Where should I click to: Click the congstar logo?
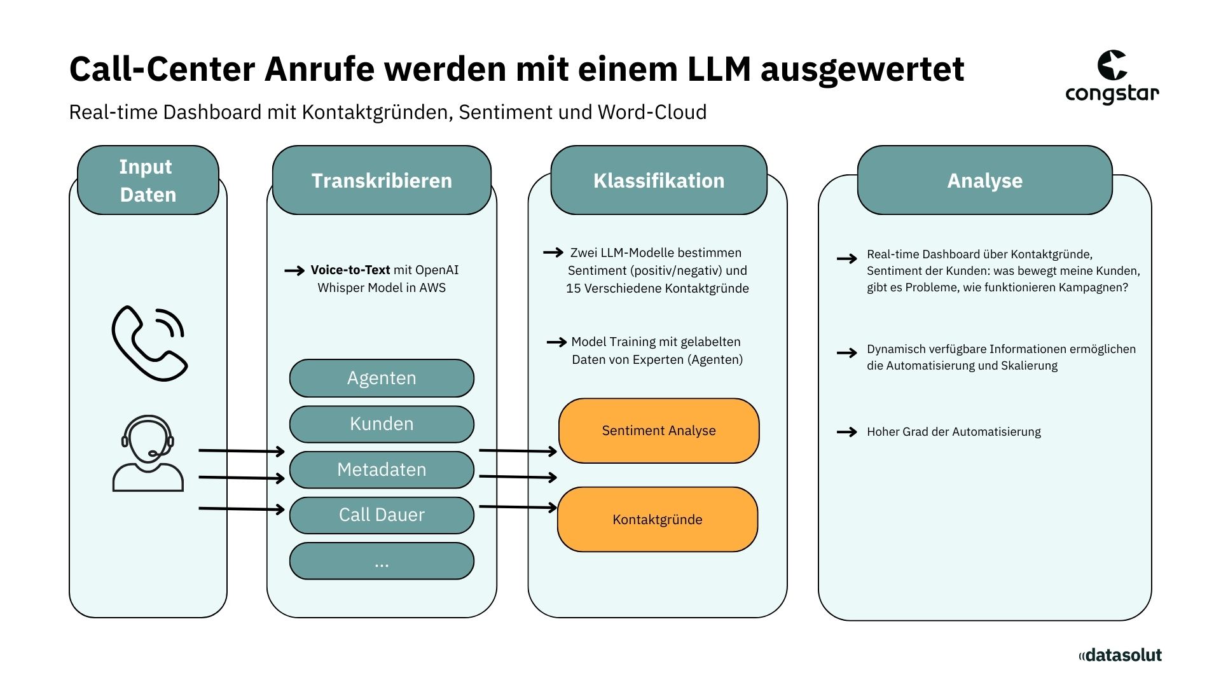pos(1112,78)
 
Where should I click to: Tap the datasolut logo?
pos(1120,655)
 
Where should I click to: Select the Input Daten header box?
pos(148,180)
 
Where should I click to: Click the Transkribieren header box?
pos(382,180)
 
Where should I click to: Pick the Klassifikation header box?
pos(659,180)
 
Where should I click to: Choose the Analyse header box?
pos(984,180)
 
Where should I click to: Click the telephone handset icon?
pos(149,343)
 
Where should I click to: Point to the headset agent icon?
pos(148,453)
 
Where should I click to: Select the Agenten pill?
pos(382,378)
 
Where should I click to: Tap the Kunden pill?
pos(382,424)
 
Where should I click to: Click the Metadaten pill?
pos(382,469)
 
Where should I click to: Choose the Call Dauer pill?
pos(382,515)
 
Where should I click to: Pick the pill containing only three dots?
pos(382,561)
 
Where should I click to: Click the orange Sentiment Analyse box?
pos(659,431)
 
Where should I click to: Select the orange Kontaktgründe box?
pos(658,519)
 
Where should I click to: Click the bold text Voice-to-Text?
pos(350,270)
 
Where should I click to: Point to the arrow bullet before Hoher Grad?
pos(846,432)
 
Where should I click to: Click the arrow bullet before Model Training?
pos(556,342)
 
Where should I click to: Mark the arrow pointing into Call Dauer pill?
pos(242,509)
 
